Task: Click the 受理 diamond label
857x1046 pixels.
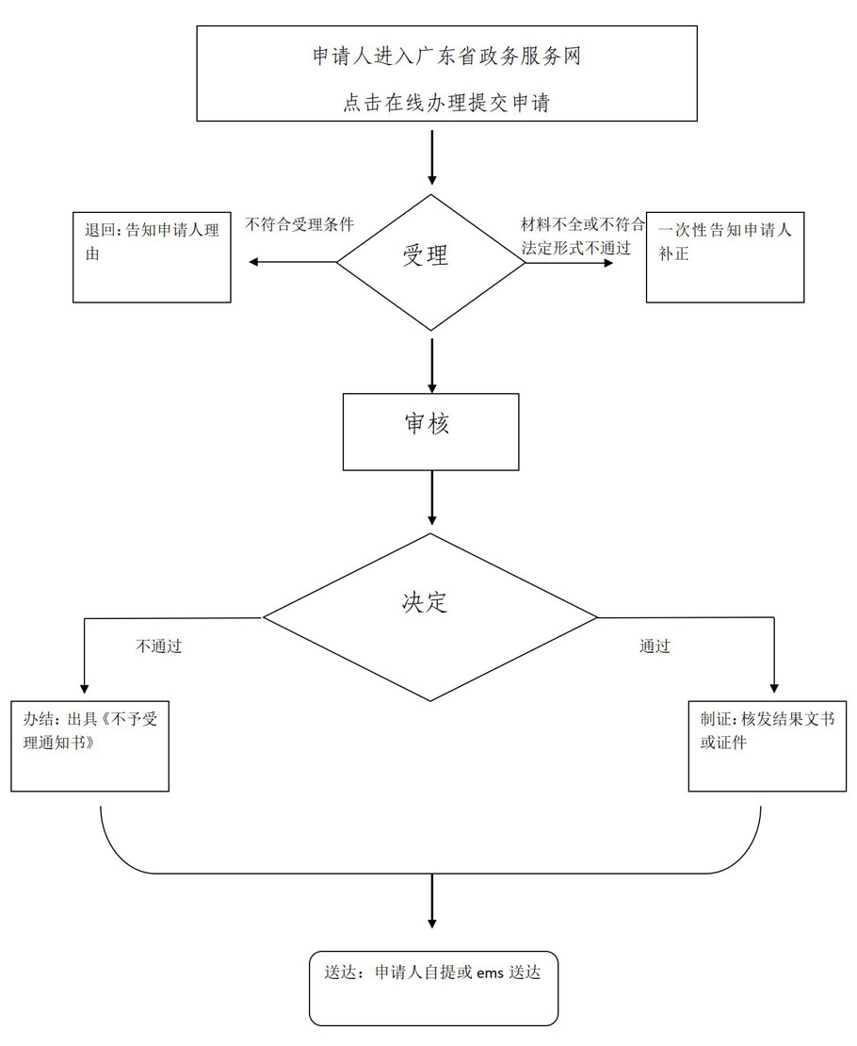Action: pyautogui.click(x=426, y=255)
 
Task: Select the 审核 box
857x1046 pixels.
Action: pyautogui.click(x=430, y=431)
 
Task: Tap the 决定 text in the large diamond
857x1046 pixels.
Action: pyautogui.click(x=425, y=603)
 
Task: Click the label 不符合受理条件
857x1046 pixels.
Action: pyautogui.click(x=299, y=225)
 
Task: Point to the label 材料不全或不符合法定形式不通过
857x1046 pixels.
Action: pyautogui.click(x=583, y=237)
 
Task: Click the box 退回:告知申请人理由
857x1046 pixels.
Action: pyautogui.click(x=152, y=257)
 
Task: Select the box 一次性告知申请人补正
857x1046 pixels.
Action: pyautogui.click(x=724, y=257)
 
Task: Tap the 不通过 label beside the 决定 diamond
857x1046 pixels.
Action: pyautogui.click(x=158, y=646)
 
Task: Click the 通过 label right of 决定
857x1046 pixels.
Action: pyautogui.click(x=655, y=646)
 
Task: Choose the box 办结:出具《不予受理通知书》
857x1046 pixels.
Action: pyautogui.click(x=89, y=745)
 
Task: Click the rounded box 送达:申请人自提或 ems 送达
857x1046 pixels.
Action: pyautogui.click(x=433, y=988)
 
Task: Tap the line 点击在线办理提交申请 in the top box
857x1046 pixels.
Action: pyautogui.click(x=446, y=104)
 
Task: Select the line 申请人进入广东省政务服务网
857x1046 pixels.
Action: pyautogui.click(x=446, y=57)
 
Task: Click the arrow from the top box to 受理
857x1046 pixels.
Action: pyautogui.click(x=432, y=157)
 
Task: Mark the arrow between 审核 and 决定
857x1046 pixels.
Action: pyautogui.click(x=432, y=498)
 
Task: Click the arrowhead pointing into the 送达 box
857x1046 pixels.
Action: pyautogui.click(x=432, y=920)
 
